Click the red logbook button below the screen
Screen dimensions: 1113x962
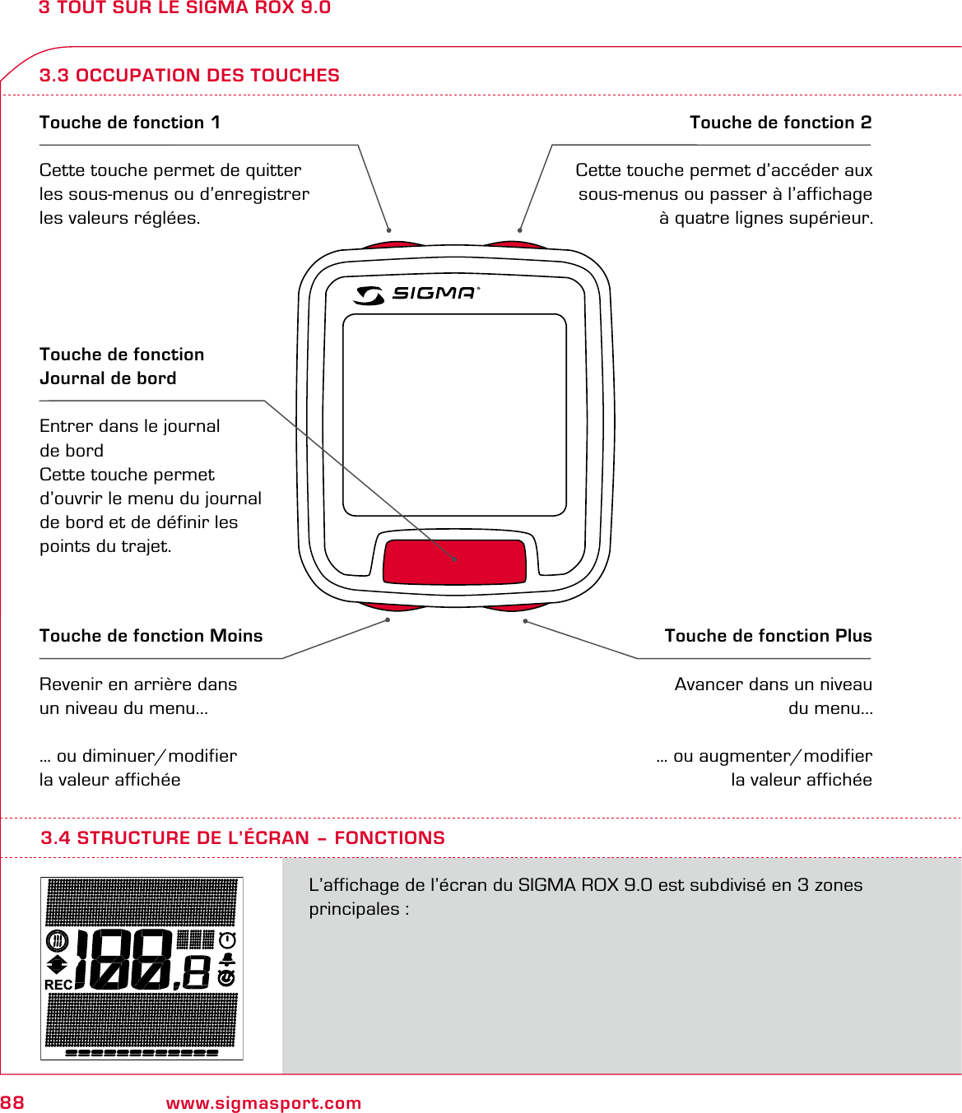pos(454,561)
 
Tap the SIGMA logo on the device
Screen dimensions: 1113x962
pos(416,294)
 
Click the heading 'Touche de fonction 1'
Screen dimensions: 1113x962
pos(130,123)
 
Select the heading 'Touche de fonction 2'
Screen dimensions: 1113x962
pos(780,123)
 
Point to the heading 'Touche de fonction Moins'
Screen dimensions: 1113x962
pos(151,636)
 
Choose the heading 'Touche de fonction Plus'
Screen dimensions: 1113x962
pos(768,636)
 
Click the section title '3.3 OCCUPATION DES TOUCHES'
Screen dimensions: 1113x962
pos(189,76)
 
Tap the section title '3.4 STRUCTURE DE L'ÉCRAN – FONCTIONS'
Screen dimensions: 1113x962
pos(243,838)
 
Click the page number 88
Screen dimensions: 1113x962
pos(12,1103)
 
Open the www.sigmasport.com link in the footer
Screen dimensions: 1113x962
pos(263,1103)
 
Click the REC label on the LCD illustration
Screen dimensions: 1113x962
pos(58,985)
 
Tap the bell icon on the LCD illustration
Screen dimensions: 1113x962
pos(227,959)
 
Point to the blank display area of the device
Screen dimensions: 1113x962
pos(454,415)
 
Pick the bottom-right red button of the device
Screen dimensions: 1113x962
pos(515,607)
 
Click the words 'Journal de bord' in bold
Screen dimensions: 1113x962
pos(108,378)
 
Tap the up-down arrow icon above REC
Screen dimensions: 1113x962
pos(57,964)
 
